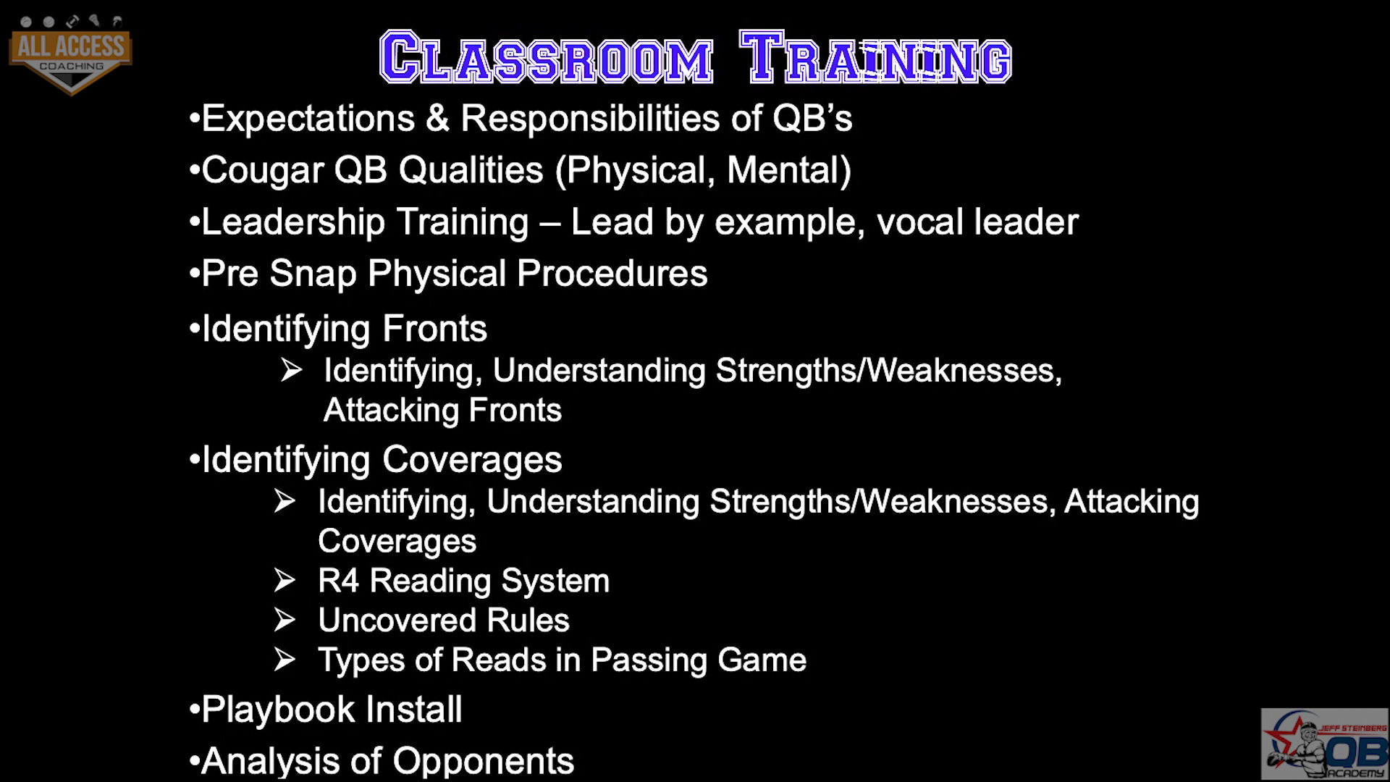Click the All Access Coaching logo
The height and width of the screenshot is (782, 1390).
click(x=70, y=54)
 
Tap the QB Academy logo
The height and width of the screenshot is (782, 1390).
click(x=1325, y=744)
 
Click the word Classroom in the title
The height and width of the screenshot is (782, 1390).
click(x=547, y=56)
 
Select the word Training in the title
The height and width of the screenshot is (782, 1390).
click(x=875, y=56)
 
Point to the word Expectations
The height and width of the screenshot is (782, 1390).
click(x=308, y=118)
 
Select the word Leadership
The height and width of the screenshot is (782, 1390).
click(x=292, y=222)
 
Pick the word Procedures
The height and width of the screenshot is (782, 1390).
click(x=612, y=274)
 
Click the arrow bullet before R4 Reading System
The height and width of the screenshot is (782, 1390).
click(x=285, y=580)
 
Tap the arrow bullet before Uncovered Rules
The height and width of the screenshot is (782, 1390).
click(x=285, y=620)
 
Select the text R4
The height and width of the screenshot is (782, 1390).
click(x=338, y=581)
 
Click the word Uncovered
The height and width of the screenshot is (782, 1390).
click(x=397, y=621)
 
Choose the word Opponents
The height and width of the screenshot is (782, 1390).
click(x=483, y=761)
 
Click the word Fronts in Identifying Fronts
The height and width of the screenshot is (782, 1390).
click(x=434, y=329)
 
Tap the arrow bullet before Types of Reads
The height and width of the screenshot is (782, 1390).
click(x=285, y=660)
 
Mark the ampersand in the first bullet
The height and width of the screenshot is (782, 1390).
click(x=437, y=119)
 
